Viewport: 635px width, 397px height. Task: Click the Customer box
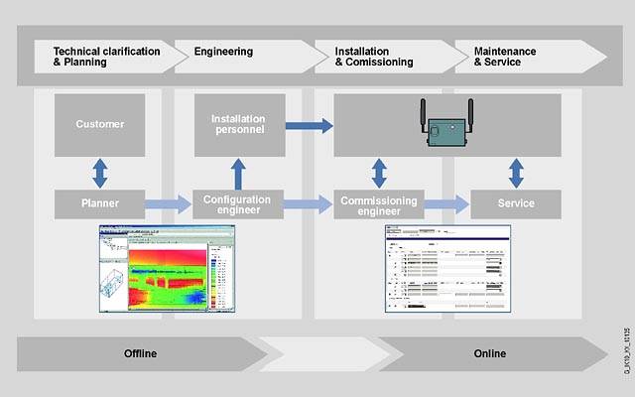point(99,124)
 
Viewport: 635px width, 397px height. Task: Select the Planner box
point(99,203)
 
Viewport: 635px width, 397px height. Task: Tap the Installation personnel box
point(239,124)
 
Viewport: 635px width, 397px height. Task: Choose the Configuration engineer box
point(239,203)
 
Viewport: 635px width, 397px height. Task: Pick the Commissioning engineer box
point(379,203)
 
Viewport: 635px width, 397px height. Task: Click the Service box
point(515,203)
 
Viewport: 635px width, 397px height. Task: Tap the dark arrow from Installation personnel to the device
point(309,125)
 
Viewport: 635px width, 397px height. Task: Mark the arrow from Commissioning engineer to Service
point(447,203)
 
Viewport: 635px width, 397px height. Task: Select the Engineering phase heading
point(223,51)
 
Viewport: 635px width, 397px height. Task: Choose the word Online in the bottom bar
point(489,353)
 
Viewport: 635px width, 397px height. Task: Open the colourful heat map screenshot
point(165,270)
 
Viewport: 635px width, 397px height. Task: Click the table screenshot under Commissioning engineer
point(447,270)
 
